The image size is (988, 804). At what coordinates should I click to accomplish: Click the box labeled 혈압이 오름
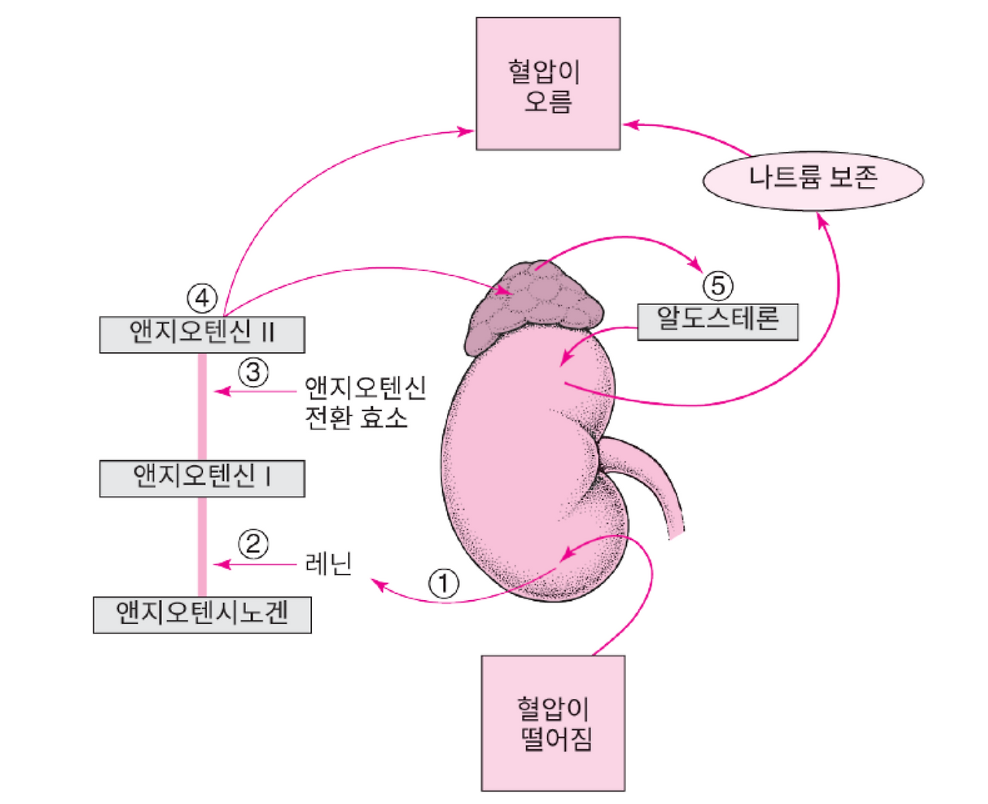click(x=547, y=83)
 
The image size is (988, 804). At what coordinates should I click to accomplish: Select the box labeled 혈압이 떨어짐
click(x=553, y=723)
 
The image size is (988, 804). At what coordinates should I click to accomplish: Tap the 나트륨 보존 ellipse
click(x=813, y=180)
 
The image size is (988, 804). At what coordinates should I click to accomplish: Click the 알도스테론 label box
click(x=717, y=321)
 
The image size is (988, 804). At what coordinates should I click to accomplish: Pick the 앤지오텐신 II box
click(x=202, y=334)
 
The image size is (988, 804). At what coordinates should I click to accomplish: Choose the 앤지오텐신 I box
click(x=202, y=478)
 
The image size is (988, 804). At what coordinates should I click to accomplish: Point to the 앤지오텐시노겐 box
click(x=202, y=615)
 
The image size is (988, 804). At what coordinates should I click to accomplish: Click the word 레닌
click(x=330, y=564)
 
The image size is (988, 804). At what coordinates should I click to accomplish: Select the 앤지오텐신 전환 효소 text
click(x=364, y=402)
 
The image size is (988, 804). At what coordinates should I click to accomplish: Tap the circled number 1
click(x=443, y=584)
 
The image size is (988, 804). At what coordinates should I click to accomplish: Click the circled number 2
click(x=253, y=544)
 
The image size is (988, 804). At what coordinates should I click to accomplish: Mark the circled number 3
click(x=253, y=372)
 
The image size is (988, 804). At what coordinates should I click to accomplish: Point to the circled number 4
click(x=202, y=297)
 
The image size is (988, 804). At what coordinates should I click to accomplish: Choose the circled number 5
click(x=718, y=286)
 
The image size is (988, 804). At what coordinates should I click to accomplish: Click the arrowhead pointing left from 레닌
click(x=221, y=565)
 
